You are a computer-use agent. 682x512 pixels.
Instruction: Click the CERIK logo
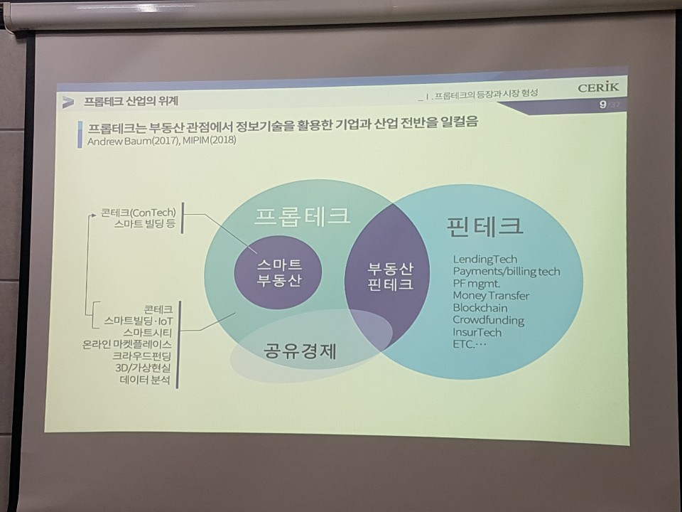(598, 87)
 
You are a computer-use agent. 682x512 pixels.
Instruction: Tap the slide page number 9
(603, 105)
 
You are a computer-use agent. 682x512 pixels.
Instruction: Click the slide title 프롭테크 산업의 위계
(131, 102)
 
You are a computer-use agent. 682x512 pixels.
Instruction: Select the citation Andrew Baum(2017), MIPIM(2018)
(162, 141)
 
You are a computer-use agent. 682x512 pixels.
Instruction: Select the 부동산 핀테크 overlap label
(390, 277)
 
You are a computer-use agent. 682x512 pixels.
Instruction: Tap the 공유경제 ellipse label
(300, 351)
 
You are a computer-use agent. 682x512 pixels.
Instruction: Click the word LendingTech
(485, 260)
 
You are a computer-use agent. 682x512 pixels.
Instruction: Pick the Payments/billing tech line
(507, 272)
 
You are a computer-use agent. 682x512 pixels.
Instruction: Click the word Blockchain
(480, 308)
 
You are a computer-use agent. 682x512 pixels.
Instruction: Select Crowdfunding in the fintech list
(489, 321)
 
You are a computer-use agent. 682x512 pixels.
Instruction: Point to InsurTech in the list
(477, 333)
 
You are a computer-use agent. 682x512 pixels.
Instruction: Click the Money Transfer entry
(491, 296)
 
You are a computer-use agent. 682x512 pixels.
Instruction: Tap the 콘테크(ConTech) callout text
(139, 213)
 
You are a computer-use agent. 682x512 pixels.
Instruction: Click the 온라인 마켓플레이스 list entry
(126, 344)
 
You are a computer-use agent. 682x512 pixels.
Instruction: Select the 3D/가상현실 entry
(143, 368)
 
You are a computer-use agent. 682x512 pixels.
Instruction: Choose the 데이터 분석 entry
(144, 380)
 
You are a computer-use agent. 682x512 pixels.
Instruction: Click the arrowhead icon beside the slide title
(67, 102)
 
